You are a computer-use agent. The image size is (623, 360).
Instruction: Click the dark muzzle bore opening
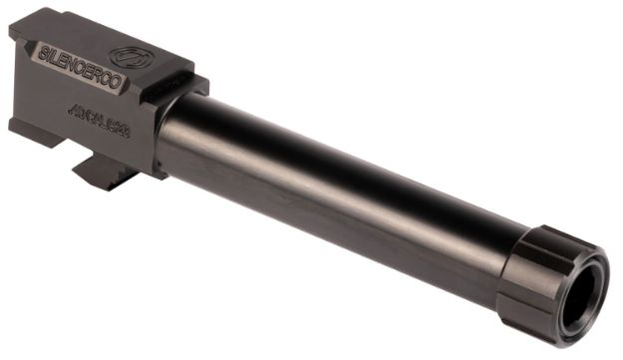pos(583,300)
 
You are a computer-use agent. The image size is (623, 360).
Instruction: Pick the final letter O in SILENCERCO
pos(121,85)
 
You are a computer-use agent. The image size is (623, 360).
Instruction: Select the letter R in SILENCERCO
pos(98,75)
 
